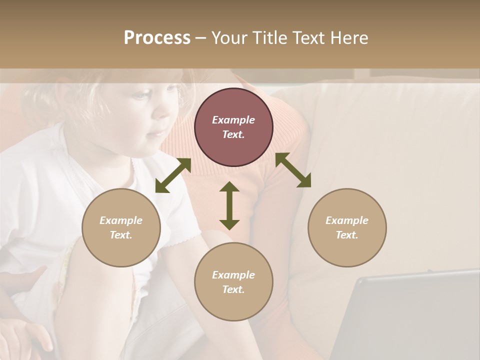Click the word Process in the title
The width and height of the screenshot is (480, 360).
tap(157, 38)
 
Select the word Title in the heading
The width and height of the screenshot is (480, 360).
tap(269, 38)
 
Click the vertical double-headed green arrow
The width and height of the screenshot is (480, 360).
tap(229, 205)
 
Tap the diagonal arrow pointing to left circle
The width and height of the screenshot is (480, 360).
tap(173, 175)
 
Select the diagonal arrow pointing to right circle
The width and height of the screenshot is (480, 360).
tap(293, 170)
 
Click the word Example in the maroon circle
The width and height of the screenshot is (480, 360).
tap(233, 120)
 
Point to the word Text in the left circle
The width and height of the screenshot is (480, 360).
tap(121, 235)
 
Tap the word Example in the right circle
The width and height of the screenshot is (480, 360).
tap(347, 220)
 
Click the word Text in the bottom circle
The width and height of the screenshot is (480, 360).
tap(233, 289)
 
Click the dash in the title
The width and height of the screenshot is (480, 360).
tap(201, 38)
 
